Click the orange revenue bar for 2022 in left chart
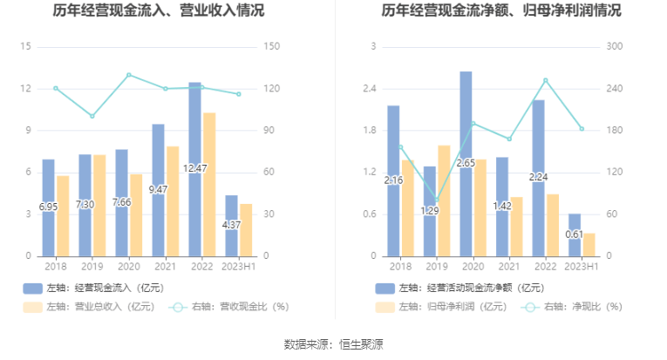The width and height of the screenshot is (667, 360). (x=209, y=184)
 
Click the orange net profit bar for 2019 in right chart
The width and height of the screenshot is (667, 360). (x=444, y=200)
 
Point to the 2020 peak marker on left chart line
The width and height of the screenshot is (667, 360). (x=128, y=75)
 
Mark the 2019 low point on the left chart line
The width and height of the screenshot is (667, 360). (x=92, y=116)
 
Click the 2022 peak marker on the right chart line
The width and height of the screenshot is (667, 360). (x=546, y=80)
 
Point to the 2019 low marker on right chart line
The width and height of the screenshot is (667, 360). (x=436, y=200)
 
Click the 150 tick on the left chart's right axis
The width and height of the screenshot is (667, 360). (x=271, y=47)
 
